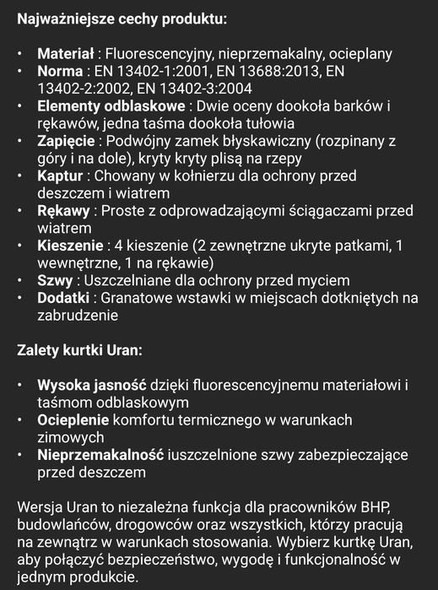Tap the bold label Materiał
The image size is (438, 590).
(66, 54)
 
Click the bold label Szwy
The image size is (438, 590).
(54, 280)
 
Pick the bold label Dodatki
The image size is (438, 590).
(64, 298)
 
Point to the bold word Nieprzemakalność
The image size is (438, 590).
(100, 455)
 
